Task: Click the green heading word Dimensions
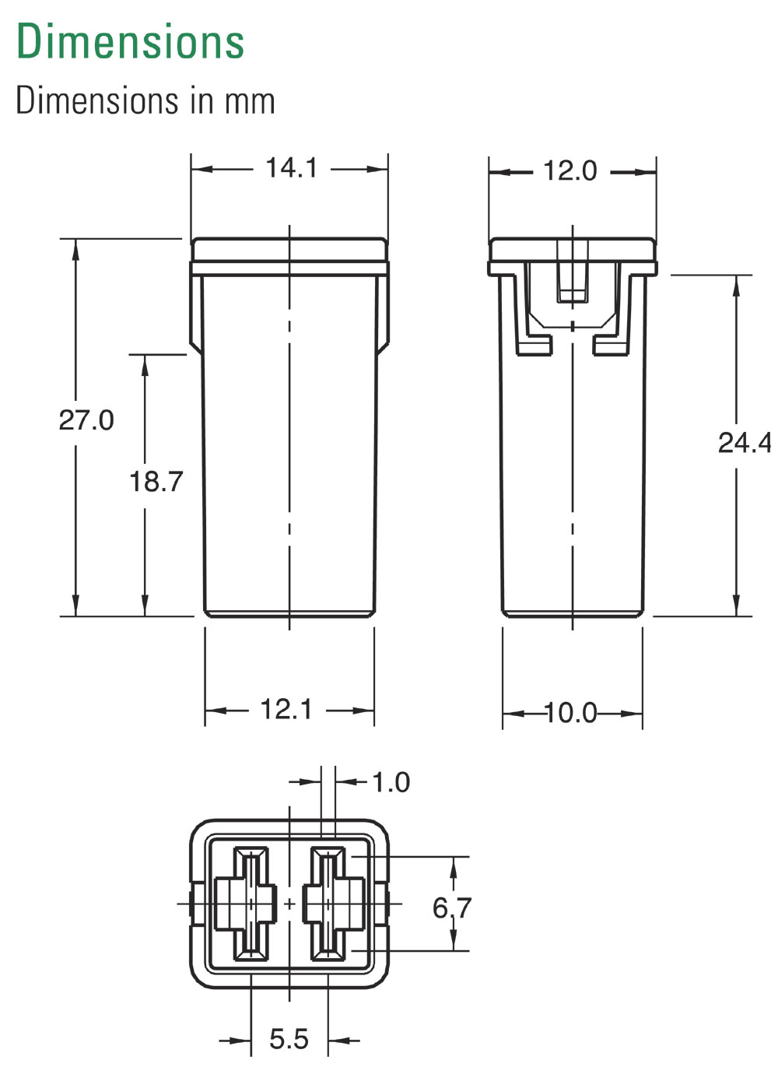coord(130,41)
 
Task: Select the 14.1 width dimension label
coord(292,167)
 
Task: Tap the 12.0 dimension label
coord(569,170)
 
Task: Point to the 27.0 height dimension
coord(86,420)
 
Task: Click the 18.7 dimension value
coord(156,482)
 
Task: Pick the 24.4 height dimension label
coord(744,442)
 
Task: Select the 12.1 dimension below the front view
coord(286,709)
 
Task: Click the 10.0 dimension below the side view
coord(570,712)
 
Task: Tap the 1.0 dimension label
coord(391,782)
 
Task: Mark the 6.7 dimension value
coord(452,907)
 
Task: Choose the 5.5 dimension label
coord(289,1039)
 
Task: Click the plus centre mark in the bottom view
coord(289,904)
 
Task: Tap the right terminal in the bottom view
coord(331,904)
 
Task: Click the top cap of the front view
coord(289,250)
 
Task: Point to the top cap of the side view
coord(572,250)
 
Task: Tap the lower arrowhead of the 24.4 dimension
coord(736,607)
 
